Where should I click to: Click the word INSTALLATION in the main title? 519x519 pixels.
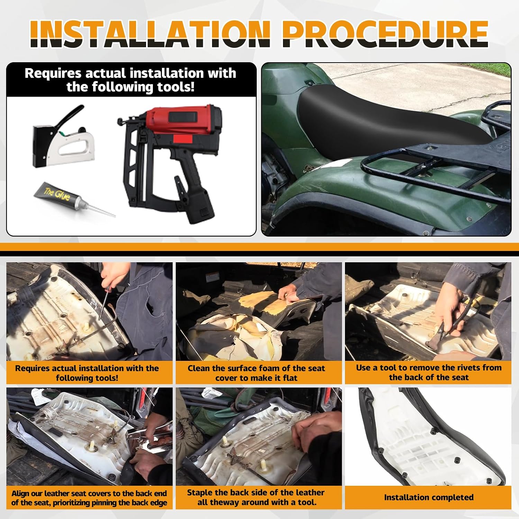click(150, 34)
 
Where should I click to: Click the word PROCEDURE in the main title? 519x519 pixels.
click(385, 34)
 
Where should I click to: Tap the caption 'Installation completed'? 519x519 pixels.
click(429, 497)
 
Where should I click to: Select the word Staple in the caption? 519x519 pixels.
click(200, 493)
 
